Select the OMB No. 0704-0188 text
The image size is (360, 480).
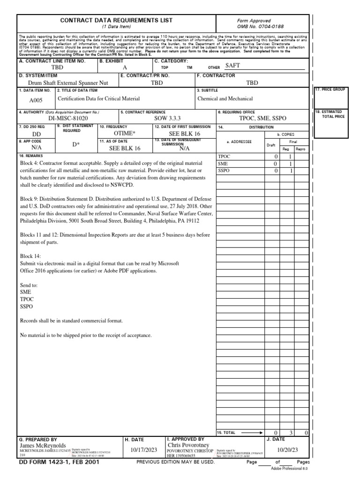tap(262, 27)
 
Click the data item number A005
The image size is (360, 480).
tap(36, 100)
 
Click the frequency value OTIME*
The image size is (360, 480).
tap(124, 134)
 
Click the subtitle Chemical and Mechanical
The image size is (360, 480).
tap(225, 98)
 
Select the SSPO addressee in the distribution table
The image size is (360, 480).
tap(224, 171)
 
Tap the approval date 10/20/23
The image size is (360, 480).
tap(287, 450)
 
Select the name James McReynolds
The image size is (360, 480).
tap(43, 445)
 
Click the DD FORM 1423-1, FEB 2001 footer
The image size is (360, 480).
tap(59, 462)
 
